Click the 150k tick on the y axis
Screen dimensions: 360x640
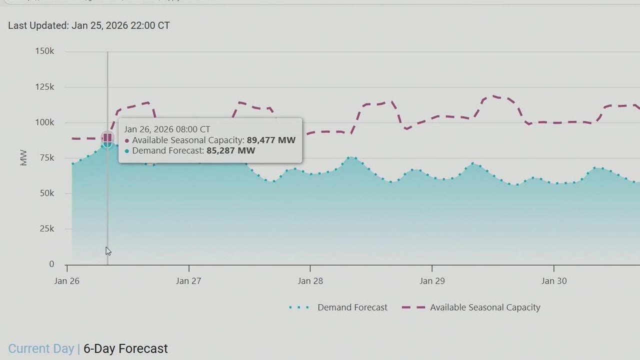coord(44,51)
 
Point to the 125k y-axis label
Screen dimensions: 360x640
coord(44,87)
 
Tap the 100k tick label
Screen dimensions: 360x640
coord(44,122)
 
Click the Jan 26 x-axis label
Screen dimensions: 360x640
coord(66,281)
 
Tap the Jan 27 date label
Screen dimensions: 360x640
coord(188,281)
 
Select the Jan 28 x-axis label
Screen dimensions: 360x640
coord(310,281)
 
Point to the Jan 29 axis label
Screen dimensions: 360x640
coord(432,281)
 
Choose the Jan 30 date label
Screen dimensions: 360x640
coord(554,281)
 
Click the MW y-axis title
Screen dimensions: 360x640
coord(23,158)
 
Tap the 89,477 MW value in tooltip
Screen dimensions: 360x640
coord(271,140)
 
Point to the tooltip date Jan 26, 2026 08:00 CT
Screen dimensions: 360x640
coord(167,129)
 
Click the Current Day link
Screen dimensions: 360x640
coord(41,348)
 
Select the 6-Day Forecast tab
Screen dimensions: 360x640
coord(125,348)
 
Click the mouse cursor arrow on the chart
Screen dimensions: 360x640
coord(108,251)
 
